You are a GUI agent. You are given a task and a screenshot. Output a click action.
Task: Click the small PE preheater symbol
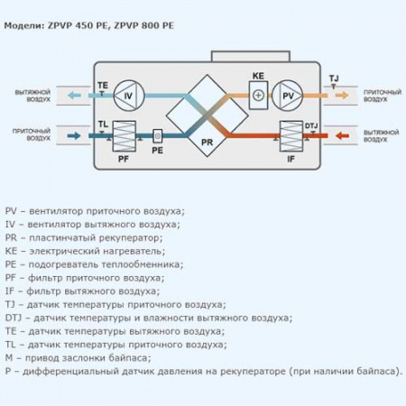[x=157, y=136]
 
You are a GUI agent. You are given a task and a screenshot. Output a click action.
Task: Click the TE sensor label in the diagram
[x=102, y=84]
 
